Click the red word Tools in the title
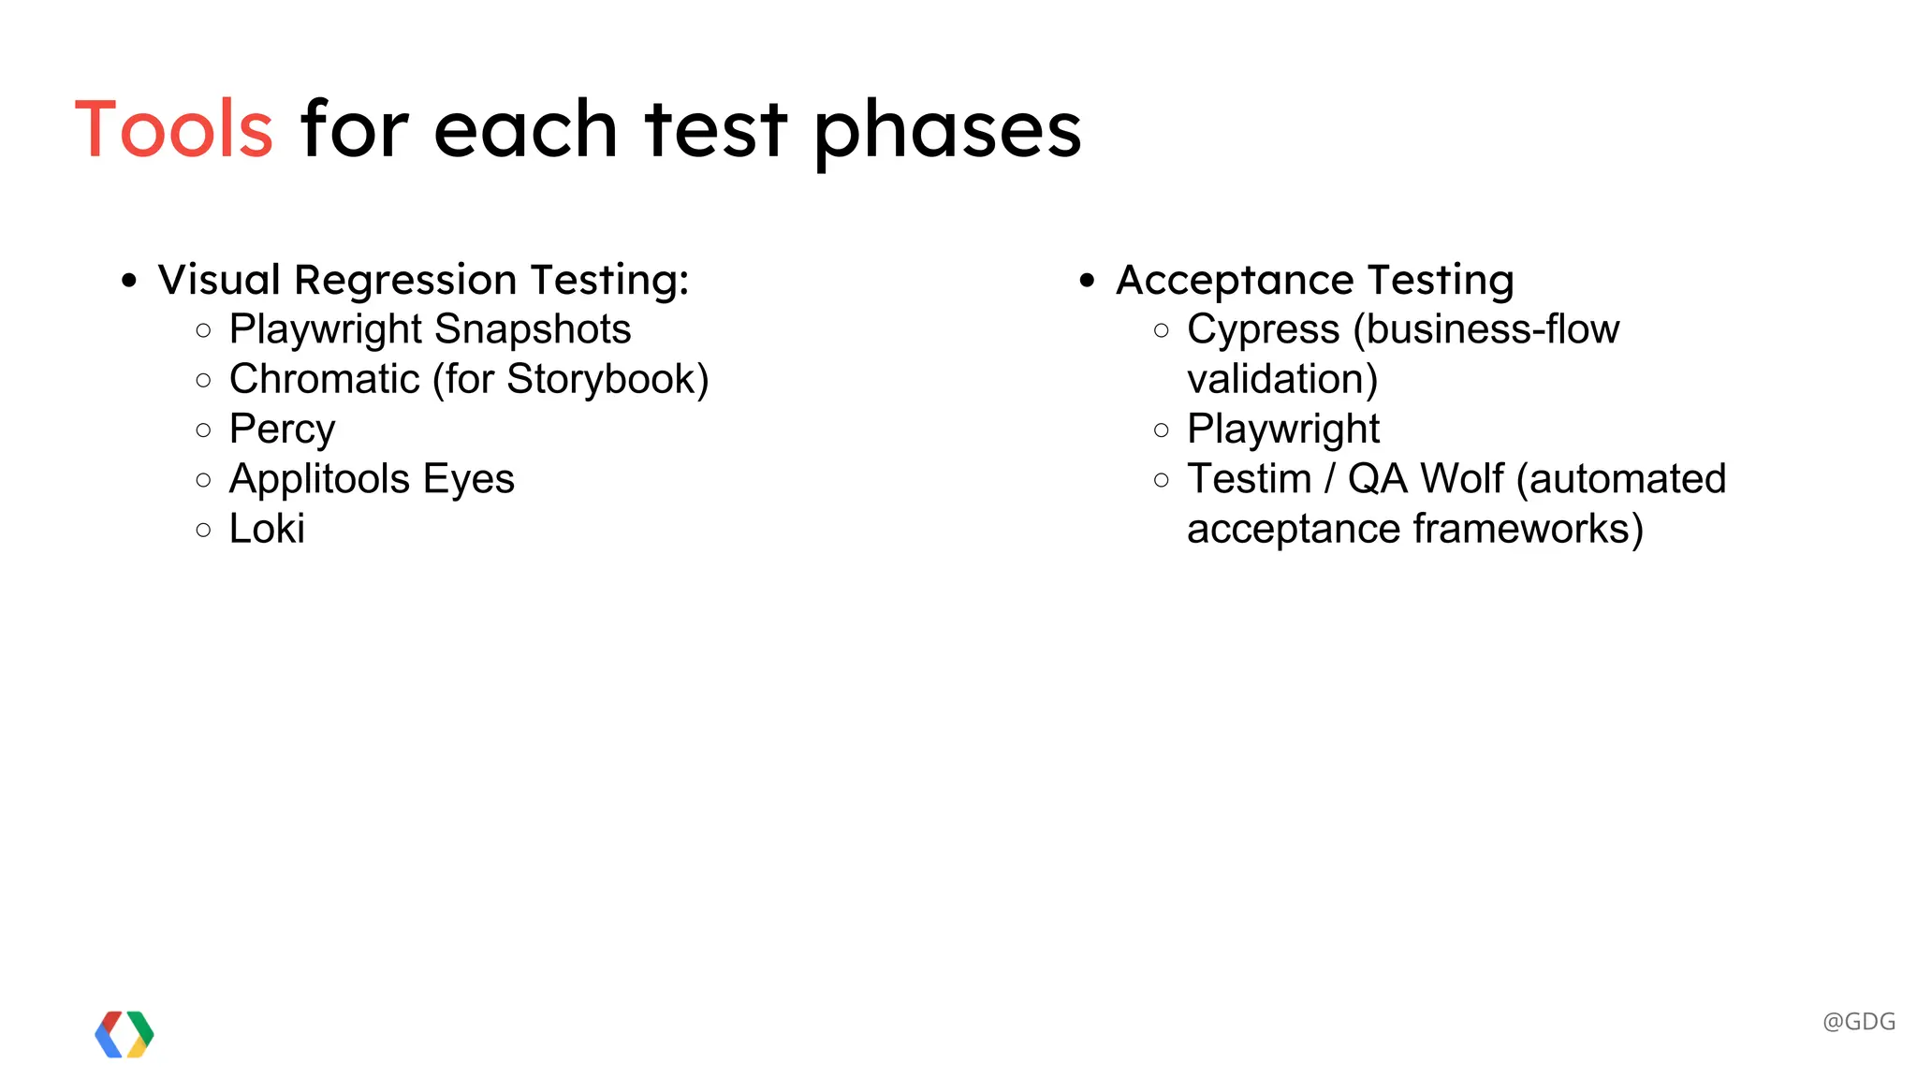pos(174,129)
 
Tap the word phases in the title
pos(947,131)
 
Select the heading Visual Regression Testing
pos(423,280)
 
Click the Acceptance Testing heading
pos(1314,280)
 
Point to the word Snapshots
pos(533,329)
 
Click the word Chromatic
pos(324,379)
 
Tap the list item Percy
pos(282,430)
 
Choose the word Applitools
pos(319,479)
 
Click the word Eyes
pos(469,479)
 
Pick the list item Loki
pos(267,529)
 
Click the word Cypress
pos(1263,329)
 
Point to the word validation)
pos(1282,379)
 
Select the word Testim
pos(1249,479)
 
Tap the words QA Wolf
pos(1426,479)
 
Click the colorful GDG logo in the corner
pos(124,1034)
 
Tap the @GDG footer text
pos(1859,1021)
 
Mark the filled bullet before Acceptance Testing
pos(1087,280)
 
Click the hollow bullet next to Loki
pos(204,530)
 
